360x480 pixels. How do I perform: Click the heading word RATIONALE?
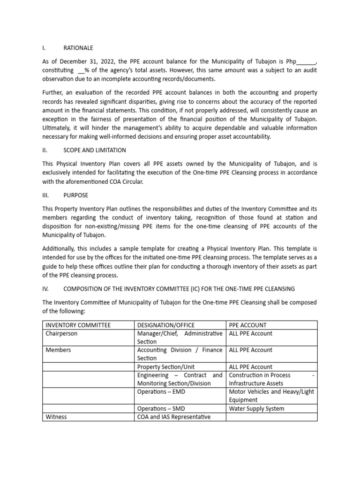(x=78, y=48)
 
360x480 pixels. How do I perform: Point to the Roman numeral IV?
(x=46, y=289)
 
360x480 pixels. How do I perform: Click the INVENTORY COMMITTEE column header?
(x=78, y=325)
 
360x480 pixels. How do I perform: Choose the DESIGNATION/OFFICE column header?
(x=165, y=325)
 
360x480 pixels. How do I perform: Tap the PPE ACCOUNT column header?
(x=247, y=325)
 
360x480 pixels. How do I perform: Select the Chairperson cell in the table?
(x=61, y=334)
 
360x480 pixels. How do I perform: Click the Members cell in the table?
(x=58, y=350)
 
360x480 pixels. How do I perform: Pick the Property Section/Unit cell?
(x=165, y=367)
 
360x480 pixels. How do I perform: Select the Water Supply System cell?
(x=256, y=408)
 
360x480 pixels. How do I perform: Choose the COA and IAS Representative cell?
(x=173, y=417)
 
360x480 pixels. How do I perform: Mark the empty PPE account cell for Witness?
(x=271, y=417)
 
